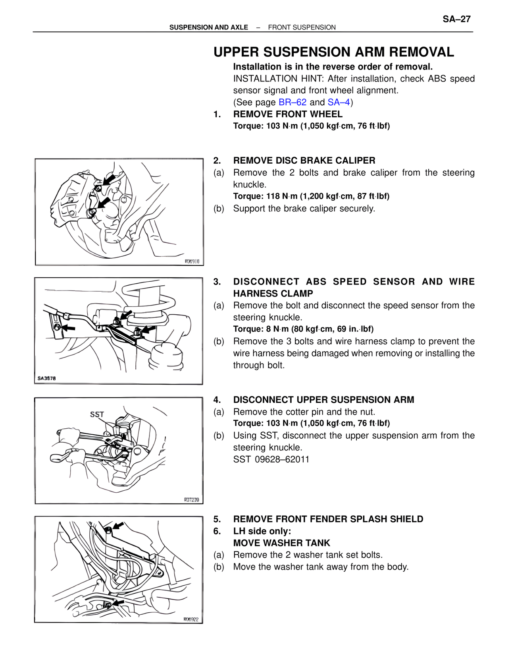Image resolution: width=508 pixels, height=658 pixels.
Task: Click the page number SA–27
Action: (x=456, y=19)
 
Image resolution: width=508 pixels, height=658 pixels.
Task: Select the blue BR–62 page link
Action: (x=292, y=103)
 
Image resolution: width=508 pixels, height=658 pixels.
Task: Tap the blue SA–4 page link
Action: (x=339, y=103)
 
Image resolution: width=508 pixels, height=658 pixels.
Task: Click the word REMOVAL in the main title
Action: (x=421, y=52)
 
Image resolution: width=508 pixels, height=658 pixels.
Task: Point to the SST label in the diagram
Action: (x=97, y=414)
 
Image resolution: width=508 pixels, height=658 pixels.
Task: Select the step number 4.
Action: (x=217, y=400)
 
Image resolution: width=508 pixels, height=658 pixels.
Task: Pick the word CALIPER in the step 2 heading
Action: (x=355, y=161)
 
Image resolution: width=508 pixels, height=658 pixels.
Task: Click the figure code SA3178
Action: (x=47, y=378)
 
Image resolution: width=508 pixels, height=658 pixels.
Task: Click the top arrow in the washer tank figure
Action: (x=117, y=526)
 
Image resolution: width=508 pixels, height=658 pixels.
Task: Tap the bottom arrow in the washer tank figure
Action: (x=118, y=603)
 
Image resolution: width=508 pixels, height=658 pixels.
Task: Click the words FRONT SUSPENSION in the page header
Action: (x=302, y=27)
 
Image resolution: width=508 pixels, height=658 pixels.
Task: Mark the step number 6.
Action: (x=217, y=531)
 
